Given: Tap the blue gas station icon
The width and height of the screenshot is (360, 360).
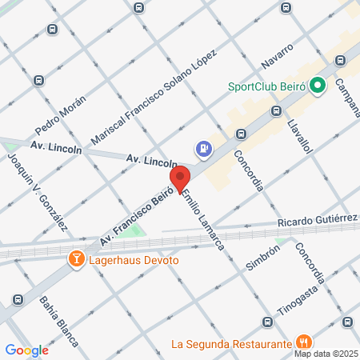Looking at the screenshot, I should click(x=206, y=149).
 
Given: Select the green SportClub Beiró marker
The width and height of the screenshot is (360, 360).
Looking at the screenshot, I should click(x=317, y=85).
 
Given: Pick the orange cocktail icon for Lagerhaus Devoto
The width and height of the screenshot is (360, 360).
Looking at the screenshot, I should click(x=76, y=258).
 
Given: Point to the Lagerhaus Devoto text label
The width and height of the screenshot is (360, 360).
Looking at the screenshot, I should click(x=134, y=259).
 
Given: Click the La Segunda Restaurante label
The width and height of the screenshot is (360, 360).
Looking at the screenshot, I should click(x=230, y=345).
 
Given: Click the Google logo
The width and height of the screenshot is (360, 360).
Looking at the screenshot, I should click(x=27, y=350).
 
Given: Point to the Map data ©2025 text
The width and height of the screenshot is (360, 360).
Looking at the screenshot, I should click(x=325, y=354).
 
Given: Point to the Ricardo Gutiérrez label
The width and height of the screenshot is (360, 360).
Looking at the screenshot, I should click(x=317, y=221).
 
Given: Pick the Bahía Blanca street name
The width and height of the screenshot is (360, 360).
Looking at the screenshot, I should click(x=59, y=321).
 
